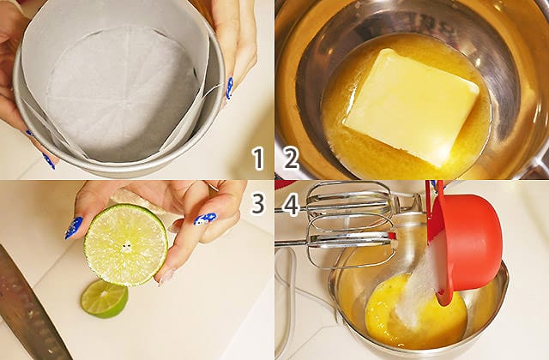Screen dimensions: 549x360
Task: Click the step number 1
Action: pyautogui.click(x=258, y=159)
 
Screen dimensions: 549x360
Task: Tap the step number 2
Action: pyautogui.click(x=292, y=159)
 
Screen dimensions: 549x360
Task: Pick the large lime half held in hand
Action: pyautogui.click(x=126, y=246)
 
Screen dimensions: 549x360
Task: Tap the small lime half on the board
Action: pyautogui.click(x=104, y=299)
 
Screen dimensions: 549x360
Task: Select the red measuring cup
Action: pyautogui.click(x=466, y=245)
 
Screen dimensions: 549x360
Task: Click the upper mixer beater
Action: pyautogui.click(x=350, y=203)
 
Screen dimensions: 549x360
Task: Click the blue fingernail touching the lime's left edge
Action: pyautogui.click(x=74, y=228)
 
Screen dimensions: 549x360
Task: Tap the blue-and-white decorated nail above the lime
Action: pyautogui.click(x=205, y=219)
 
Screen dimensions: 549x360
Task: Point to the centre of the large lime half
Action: pyautogui.click(x=126, y=247)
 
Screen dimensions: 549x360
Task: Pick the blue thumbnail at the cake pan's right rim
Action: pyautogui.click(x=229, y=88)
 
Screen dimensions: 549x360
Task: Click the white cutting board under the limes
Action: pyautogui.click(x=158, y=315)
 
